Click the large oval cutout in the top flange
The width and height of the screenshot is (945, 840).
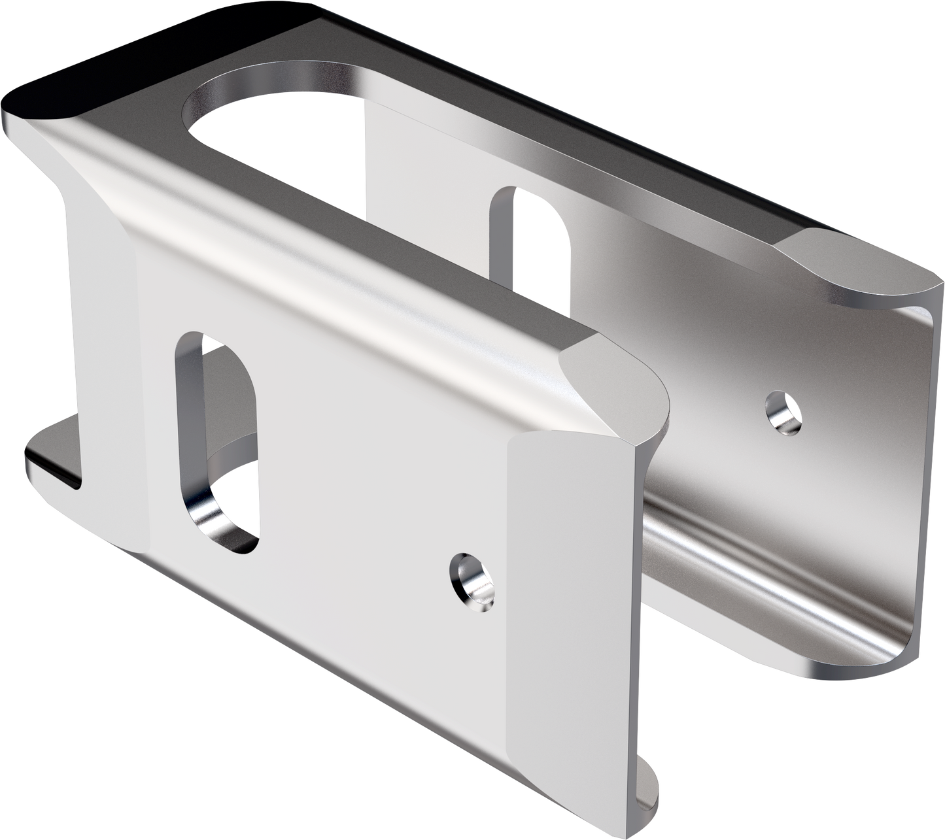(275, 105)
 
